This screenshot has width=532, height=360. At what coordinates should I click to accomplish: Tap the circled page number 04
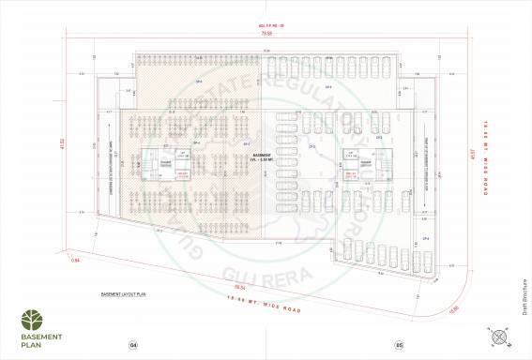click(133, 345)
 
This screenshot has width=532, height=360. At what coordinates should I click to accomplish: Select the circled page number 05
click(399, 345)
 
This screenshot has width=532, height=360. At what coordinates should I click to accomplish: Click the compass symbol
click(497, 339)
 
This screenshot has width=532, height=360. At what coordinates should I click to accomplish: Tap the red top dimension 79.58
click(266, 34)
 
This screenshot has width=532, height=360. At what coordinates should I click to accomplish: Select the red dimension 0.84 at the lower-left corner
click(76, 260)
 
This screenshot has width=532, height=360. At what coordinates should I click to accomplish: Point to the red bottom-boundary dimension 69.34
click(240, 286)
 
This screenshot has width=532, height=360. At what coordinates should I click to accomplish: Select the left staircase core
click(148, 166)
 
